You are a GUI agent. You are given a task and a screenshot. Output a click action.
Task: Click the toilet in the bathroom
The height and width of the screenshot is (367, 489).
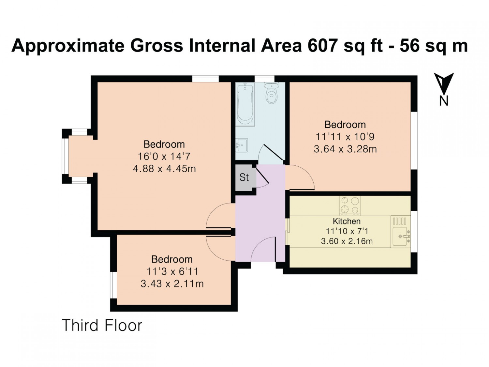(x=271, y=93)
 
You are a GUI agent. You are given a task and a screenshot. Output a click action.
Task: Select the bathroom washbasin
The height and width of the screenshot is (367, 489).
(x=242, y=145)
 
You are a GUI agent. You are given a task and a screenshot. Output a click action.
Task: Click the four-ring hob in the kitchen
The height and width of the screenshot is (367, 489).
(x=349, y=206)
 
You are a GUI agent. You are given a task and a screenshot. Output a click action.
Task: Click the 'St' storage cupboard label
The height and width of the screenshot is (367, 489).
(x=244, y=177)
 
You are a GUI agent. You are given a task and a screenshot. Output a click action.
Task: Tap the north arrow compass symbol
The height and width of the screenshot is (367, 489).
(x=444, y=89)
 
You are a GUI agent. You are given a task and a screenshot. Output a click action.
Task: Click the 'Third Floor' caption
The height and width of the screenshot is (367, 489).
(x=102, y=326)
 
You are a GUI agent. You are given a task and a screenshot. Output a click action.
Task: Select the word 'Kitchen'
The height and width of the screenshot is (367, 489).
(x=347, y=221)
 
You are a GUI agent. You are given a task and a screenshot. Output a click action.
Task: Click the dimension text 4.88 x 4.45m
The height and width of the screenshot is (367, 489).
(x=164, y=169)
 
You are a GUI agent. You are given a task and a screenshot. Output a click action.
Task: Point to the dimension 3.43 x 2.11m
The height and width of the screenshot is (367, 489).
(x=172, y=284)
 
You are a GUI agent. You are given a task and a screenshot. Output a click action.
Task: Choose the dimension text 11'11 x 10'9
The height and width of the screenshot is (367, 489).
(x=345, y=137)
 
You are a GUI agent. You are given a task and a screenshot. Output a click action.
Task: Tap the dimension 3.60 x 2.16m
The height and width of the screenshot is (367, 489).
(x=347, y=241)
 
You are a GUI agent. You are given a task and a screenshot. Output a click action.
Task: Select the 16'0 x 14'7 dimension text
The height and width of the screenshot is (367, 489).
(x=164, y=157)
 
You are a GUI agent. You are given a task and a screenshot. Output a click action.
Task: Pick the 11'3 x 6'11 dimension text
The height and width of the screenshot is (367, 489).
(x=172, y=272)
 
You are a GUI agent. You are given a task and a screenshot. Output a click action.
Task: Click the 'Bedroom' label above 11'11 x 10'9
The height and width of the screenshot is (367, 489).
(x=345, y=125)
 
